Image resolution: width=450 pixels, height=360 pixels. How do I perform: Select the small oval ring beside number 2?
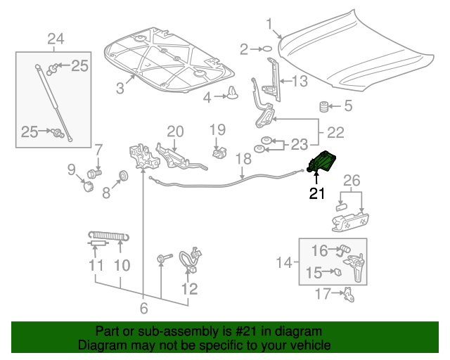click(x=266, y=49)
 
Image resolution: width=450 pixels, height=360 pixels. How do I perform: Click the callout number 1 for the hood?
click(x=269, y=25)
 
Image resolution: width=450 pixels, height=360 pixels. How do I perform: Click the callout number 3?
click(x=120, y=88)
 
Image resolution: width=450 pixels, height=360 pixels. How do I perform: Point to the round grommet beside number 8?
click(x=122, y=174)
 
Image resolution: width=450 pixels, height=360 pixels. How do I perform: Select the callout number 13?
click(x=300, y=82)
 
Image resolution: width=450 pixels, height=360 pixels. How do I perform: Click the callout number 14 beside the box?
click(x=284, y=263)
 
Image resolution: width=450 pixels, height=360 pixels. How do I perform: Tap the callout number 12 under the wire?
click(x=189, y=288)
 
